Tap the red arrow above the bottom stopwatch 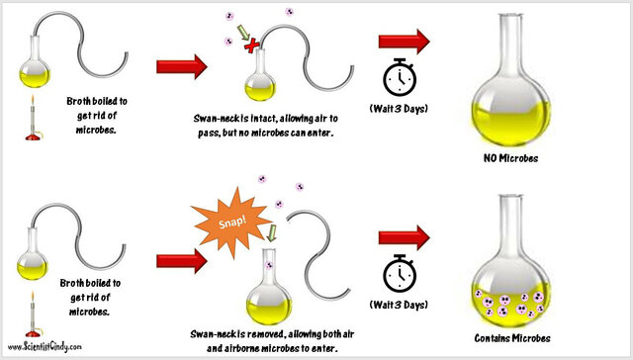(x=404, y=235)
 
